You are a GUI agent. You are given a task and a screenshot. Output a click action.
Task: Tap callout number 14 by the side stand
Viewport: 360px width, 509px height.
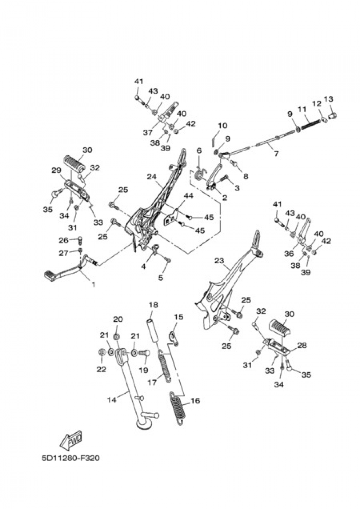pyautogui.click(x=112, y=400)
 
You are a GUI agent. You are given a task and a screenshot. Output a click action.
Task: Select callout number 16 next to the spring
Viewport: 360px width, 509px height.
pyautogui.click(x=195, y=401)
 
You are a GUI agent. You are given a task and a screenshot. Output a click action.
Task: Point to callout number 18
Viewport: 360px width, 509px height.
pyautogui.click(x=153, y=305)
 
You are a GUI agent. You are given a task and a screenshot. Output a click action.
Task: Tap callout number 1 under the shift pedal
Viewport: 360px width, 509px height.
pyautogui.click(x=93, y=284)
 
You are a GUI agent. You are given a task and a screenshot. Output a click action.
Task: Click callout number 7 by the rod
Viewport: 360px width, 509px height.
pyautogui.click(x=276, y=154)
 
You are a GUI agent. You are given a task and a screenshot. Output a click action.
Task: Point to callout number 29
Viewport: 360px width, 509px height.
pyautogui.click(x=56, y=170)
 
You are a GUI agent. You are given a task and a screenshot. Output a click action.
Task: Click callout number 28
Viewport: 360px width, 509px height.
pyautogui.click(x=302, y=345)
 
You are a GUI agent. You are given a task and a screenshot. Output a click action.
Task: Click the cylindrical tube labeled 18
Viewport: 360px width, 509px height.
pyautogui.click(x=153, y=330)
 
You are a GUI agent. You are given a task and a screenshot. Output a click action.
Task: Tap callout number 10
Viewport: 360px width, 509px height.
pyautogui.click(x=223, y=126)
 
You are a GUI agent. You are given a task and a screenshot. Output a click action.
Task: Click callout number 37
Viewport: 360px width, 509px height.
pyautogui.click(x=148, y=133)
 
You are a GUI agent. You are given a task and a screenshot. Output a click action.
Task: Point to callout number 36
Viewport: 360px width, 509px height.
pyautogui.click(x=289, y=254)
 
